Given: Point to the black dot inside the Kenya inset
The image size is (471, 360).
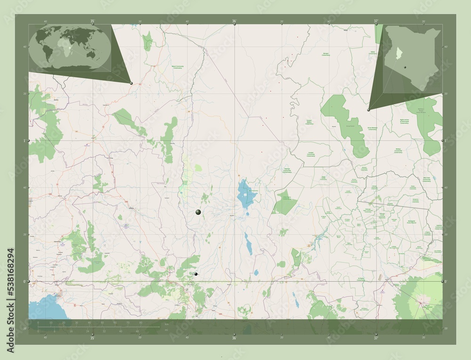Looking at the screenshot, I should point(405,67).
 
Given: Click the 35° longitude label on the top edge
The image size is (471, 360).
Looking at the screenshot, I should point(93,21).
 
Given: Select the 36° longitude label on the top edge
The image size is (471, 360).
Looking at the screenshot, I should point(234,21).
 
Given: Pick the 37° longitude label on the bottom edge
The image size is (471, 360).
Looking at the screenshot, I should point(375,337).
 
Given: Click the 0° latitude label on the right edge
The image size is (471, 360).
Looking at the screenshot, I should point(446,281).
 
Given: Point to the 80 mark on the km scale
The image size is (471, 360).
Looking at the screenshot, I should point(140,323).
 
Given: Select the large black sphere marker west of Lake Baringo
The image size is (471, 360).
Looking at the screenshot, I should point(198,213).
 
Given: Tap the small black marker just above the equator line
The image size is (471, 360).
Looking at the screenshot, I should point(196,274).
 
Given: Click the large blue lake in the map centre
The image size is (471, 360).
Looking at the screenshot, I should point(245,194).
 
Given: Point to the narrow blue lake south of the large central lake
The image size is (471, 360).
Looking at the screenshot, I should point(247,243).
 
